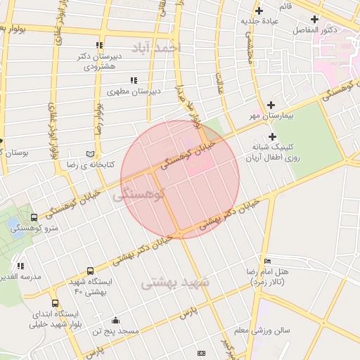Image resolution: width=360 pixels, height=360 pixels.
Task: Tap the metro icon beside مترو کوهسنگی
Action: click(x=34, y=217)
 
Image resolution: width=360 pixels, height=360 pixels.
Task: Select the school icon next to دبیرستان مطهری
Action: click(x=133, y=80)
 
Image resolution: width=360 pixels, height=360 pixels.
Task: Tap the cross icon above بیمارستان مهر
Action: click(x=270, y=105)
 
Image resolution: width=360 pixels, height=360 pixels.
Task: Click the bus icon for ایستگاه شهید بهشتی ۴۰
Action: click(x=90, y=271)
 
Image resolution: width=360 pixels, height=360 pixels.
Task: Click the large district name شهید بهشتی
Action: click(x=175, y=283)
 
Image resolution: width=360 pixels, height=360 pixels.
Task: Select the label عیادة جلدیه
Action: click(x=259, y=20)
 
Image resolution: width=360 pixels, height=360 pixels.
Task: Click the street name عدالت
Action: click(x=219, y=82)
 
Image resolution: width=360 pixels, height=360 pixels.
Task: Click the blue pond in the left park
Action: click(x=15, y=226)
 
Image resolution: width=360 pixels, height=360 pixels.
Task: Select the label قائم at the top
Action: click(x=285, y=6)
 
